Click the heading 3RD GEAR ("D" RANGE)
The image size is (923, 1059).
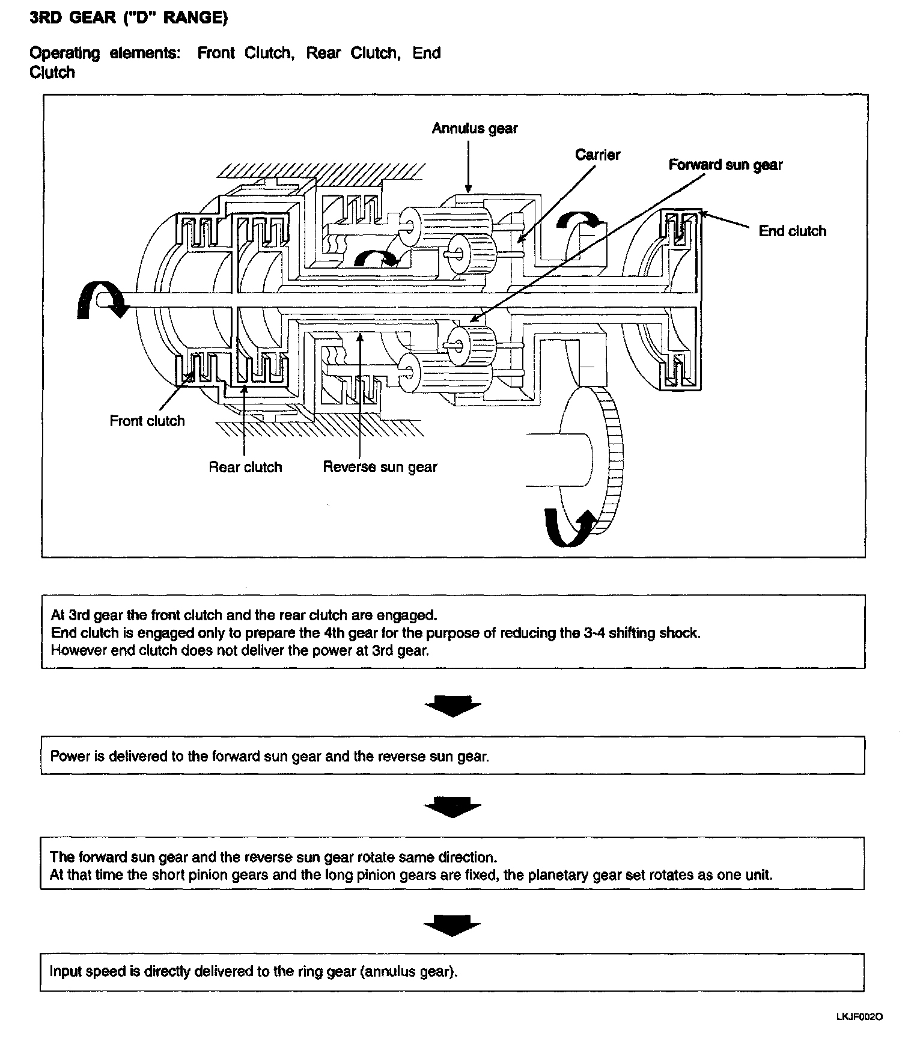[129, 19]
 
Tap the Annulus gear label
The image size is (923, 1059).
[474, 128]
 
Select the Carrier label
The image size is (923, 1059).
[597, 154]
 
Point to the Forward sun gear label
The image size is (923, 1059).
[725, 165]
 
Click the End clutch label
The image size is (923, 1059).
[792, 231]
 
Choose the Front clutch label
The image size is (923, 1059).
[147, 421]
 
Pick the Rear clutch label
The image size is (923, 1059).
[245, 467]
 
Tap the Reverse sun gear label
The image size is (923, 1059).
[380, 467]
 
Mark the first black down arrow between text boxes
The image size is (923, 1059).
[452, 705]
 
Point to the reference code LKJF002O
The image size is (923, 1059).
[859, 1017]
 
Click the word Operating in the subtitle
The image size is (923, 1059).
[65, 53]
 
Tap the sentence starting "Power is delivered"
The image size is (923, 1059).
[269, 756]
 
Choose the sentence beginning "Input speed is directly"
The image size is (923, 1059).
[253, 971]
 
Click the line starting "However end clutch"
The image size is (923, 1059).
[240, 650]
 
